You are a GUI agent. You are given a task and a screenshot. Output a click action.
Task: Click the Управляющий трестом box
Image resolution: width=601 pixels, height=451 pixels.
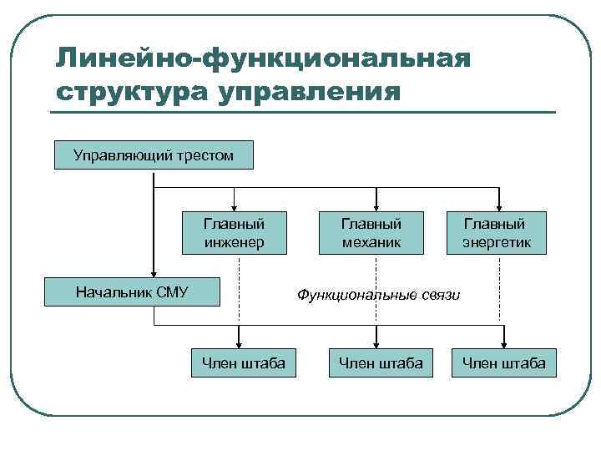click(154, 155)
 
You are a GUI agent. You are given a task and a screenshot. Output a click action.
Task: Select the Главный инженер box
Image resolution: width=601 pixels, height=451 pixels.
click(234, 233)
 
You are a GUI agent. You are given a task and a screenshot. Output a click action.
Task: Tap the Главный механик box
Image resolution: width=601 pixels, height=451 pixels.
click(371, 233)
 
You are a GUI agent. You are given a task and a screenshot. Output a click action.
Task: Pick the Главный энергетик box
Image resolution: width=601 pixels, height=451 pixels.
click(495, 233)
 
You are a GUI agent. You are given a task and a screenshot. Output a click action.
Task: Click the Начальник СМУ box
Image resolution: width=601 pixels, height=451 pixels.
click(132, 292)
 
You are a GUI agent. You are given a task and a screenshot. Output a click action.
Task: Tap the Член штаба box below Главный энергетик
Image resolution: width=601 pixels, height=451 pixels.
click(503, 362)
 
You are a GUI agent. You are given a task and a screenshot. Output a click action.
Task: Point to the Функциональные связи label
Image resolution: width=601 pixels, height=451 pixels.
click(378, 295)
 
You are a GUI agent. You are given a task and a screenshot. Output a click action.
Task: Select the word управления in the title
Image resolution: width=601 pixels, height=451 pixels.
click(309, 89)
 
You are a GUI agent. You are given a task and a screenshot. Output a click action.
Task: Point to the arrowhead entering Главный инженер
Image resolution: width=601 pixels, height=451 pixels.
click(235, 207)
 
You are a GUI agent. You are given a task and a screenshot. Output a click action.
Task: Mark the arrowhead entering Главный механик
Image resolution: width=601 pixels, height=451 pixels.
click(377, 207)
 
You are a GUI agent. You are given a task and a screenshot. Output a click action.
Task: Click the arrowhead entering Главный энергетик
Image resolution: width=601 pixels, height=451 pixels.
click(499, 207)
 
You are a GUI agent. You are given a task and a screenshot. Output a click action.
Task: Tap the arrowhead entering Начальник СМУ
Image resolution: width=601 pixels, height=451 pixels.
click(154, 273)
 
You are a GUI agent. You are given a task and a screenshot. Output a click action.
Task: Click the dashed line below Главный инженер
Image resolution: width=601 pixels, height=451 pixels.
click(240, 292)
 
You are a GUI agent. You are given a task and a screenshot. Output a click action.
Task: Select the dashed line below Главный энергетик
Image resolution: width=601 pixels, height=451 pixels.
click(500, 288)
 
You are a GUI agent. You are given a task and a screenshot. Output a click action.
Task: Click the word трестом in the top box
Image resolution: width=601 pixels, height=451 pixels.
click(205, 155)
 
